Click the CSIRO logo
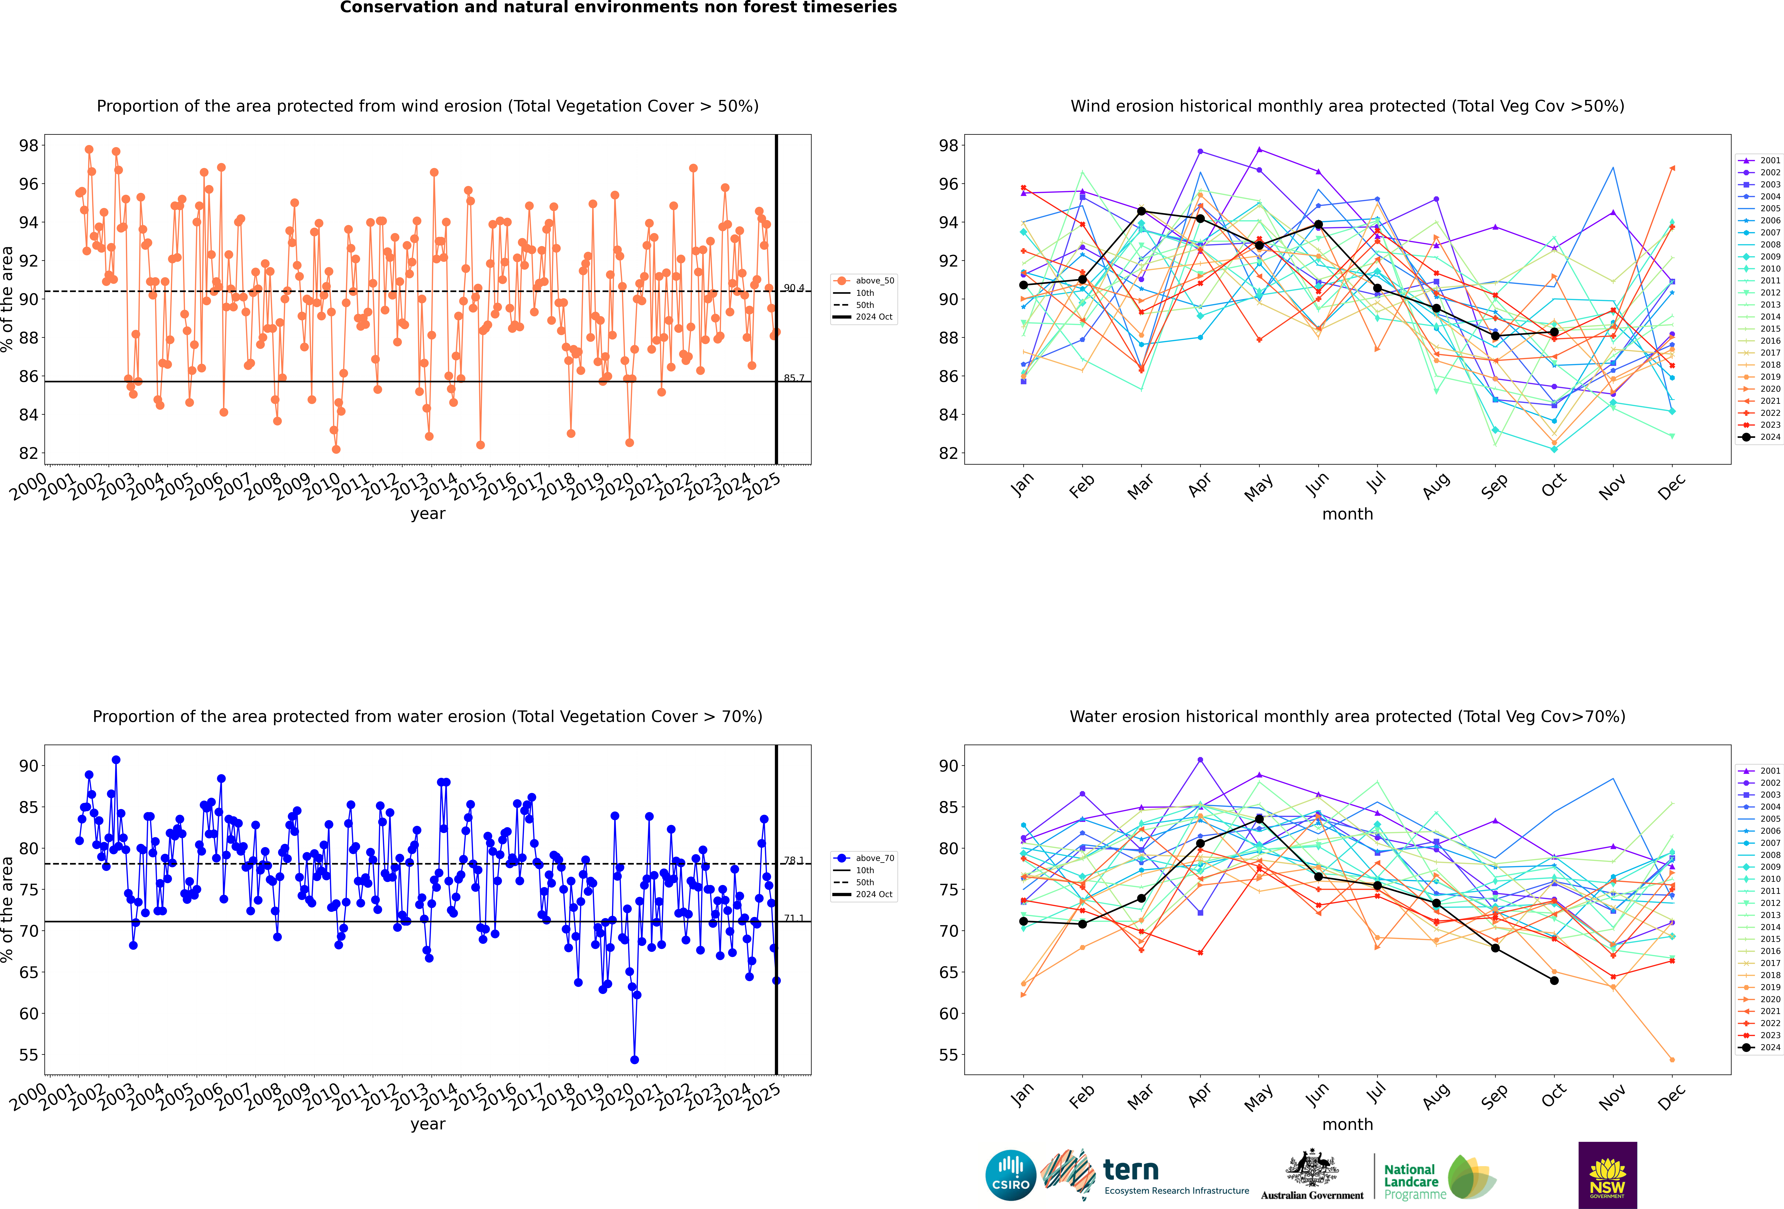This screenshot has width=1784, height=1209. [1010, 1175]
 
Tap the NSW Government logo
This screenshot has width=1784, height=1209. [1608, 1175]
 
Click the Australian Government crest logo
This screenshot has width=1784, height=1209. [1312, 1174]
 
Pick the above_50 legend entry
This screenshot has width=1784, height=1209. [864, 281]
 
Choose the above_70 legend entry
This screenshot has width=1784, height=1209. [864, 858]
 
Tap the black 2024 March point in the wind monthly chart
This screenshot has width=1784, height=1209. [1141, 211]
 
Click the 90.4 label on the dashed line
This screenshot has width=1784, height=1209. [794, 288]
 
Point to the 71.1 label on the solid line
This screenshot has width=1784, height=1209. [794, 918]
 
